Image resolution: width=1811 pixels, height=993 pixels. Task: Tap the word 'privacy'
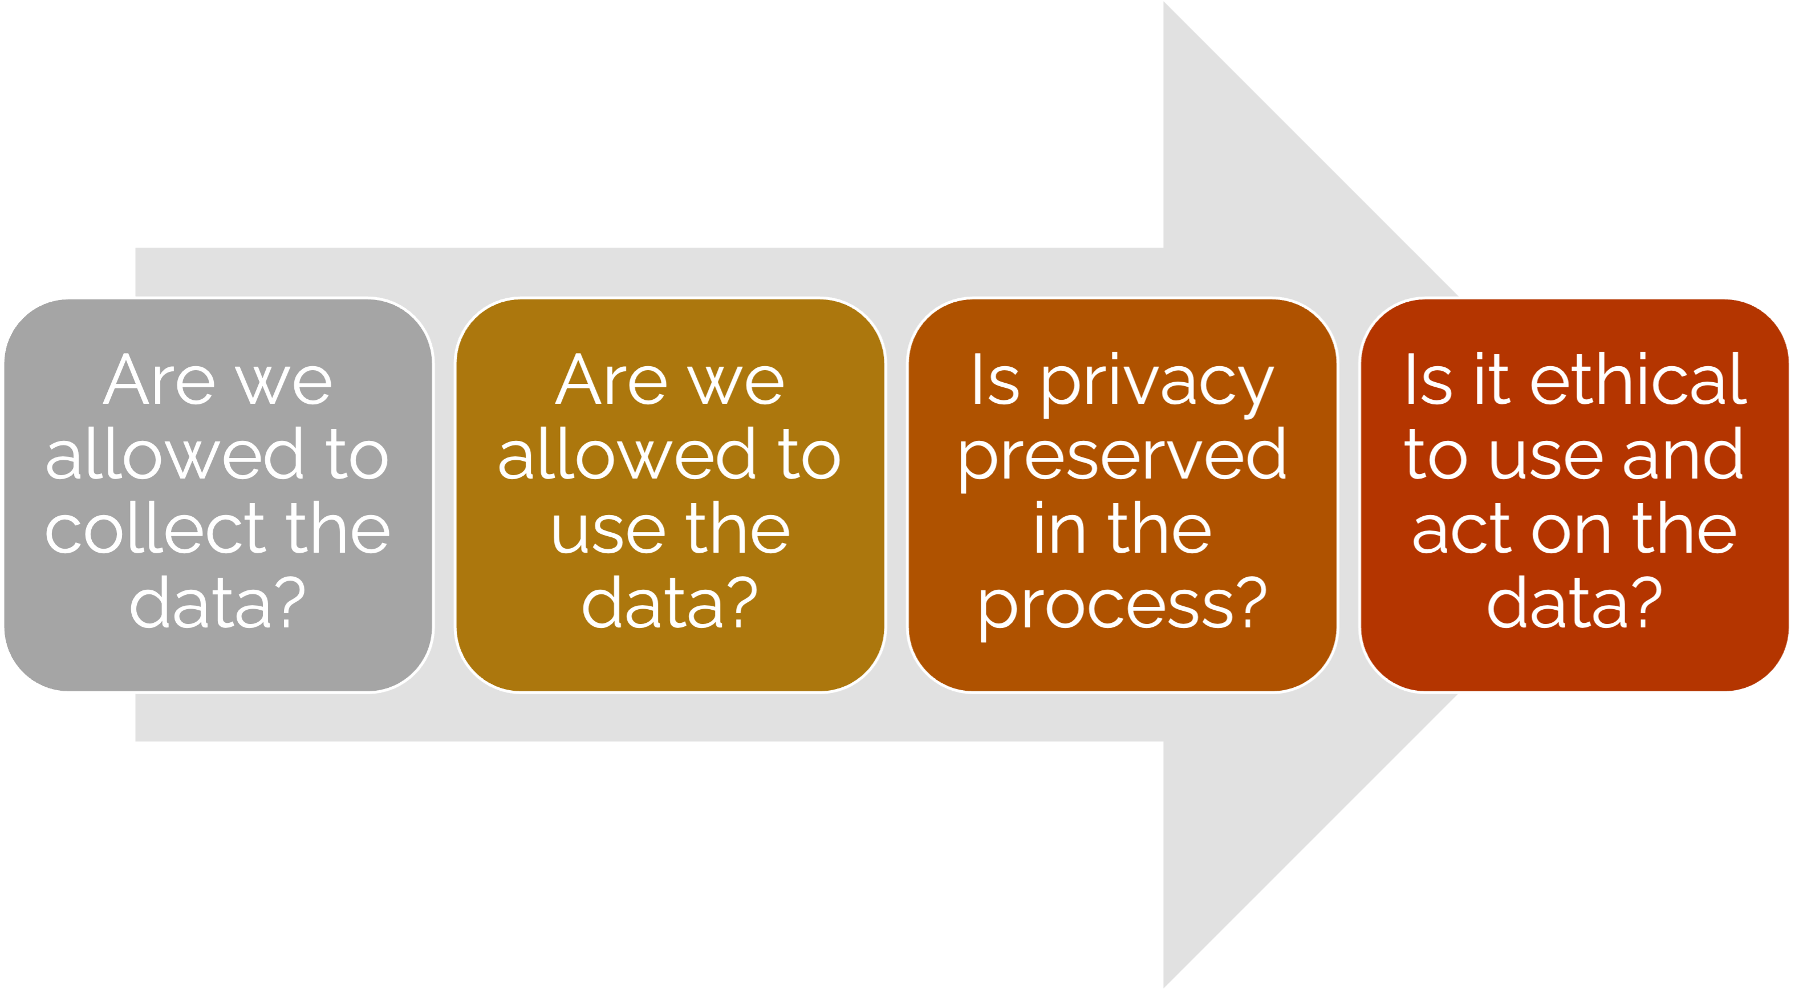click(x=1156, y=383)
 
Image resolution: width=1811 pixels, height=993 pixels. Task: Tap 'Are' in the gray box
click(x=160, y=380)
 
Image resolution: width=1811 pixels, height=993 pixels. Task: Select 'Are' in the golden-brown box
click(x=612, y=380)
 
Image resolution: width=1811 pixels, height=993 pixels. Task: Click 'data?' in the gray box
click(x=217, y=603)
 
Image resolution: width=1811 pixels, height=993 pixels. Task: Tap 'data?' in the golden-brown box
click(x=669, y=603)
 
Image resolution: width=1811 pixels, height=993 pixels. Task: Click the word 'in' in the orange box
click(x=1059, y=529)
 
